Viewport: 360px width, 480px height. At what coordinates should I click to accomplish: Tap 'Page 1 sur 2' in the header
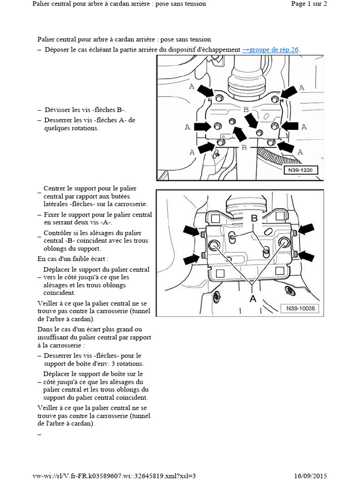click(309, 4)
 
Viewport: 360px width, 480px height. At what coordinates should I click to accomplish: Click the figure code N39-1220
click(300, 170)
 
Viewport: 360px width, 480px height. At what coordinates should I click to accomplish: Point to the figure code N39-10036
click(298, 308)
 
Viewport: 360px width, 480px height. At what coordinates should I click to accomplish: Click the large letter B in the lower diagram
click(254, 218)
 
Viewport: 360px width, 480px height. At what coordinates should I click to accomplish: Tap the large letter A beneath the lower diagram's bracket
click(253, 299)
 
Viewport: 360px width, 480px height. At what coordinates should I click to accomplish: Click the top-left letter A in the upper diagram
click(191, 87)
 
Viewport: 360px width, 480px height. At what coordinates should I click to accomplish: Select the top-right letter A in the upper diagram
click(301, 88)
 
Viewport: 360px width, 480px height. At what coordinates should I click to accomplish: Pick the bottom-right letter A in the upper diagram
click(300, 152)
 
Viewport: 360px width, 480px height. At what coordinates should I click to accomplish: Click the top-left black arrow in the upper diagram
click(205, 91)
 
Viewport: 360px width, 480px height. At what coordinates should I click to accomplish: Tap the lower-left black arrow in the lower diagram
click(191, 258)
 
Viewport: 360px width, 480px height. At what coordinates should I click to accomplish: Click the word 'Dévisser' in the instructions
click(58, 110)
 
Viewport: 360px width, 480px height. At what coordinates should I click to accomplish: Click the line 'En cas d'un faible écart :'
click(73, 258)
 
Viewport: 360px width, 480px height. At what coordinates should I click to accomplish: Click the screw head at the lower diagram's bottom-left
click(217, 296)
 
